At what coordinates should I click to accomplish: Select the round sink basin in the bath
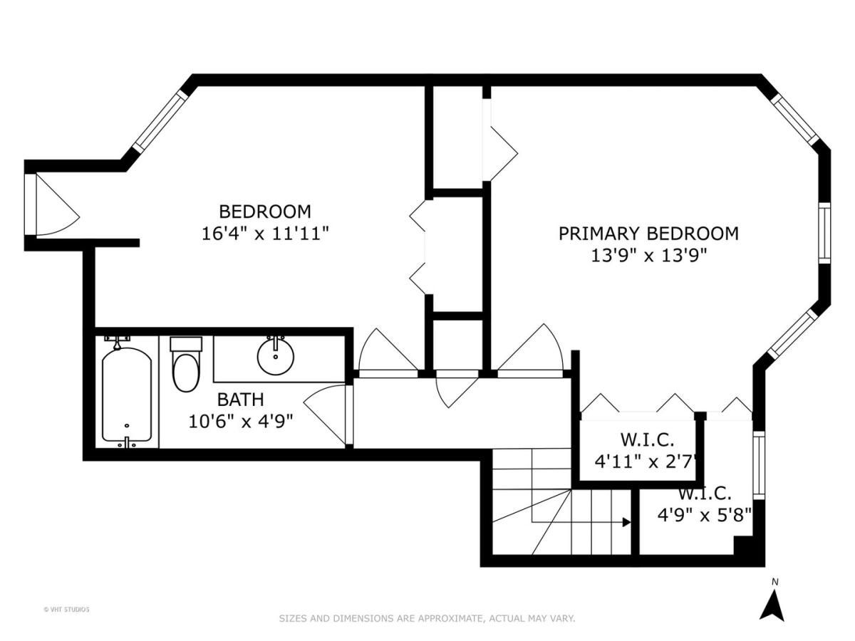274,357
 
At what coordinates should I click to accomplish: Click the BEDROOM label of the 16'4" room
264,212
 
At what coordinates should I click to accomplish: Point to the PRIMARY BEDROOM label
648,233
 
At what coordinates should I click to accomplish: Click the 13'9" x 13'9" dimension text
648,256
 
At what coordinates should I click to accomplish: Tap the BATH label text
241,399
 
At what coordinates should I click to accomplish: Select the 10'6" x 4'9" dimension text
241,421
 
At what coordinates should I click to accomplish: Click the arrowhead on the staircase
626,522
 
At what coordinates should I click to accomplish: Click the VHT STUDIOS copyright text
66,609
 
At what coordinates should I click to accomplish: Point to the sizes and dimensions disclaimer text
426,618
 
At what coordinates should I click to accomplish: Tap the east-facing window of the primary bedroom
824,233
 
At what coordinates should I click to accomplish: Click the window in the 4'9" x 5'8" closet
758,464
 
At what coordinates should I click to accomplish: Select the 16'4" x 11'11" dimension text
264,234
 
